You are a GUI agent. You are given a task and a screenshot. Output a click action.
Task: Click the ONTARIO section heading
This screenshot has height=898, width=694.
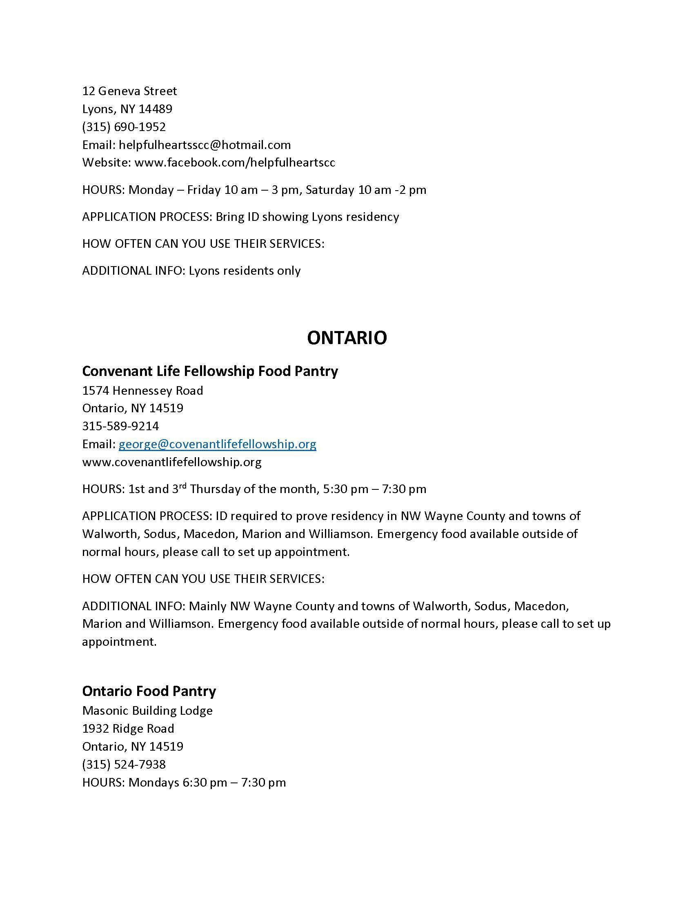coord(347,338)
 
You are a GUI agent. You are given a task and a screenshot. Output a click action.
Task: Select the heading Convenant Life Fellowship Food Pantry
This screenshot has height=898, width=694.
coord(210,371)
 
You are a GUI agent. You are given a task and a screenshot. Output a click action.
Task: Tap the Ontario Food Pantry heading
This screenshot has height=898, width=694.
coord(149,691)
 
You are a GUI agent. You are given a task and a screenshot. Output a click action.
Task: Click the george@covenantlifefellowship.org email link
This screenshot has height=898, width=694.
coord(217,444)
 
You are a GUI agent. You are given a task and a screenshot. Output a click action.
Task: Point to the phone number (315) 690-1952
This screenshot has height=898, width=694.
coord(124,127)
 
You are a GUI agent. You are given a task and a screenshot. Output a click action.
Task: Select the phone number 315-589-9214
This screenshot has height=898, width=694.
coord(120,426)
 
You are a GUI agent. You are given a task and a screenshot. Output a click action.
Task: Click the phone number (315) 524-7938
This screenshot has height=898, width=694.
coord(124,765)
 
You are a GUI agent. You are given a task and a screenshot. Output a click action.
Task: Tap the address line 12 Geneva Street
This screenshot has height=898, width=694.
coord(129,91)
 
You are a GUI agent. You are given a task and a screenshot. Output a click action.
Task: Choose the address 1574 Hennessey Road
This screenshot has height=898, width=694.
coord(142,390)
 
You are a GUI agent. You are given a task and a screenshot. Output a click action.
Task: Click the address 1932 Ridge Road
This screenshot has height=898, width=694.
coord(128,729)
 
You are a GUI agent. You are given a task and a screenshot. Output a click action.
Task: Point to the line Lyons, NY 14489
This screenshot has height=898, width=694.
coord(127,109)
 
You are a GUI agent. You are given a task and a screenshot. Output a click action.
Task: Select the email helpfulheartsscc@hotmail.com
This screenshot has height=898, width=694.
coord(205,145)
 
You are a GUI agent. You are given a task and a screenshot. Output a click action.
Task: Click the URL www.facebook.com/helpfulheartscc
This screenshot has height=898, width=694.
coord(234,162)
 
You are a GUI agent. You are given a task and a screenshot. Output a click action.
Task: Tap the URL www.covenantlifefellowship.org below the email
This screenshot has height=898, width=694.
coord(171,462)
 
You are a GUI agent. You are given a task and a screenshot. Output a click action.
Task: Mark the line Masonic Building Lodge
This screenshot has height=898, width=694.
coord(147,711)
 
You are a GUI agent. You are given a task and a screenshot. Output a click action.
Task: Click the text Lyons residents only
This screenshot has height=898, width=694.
coord(244,271)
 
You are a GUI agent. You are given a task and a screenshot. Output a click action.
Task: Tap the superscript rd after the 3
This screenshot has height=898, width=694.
coord(182,486)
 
